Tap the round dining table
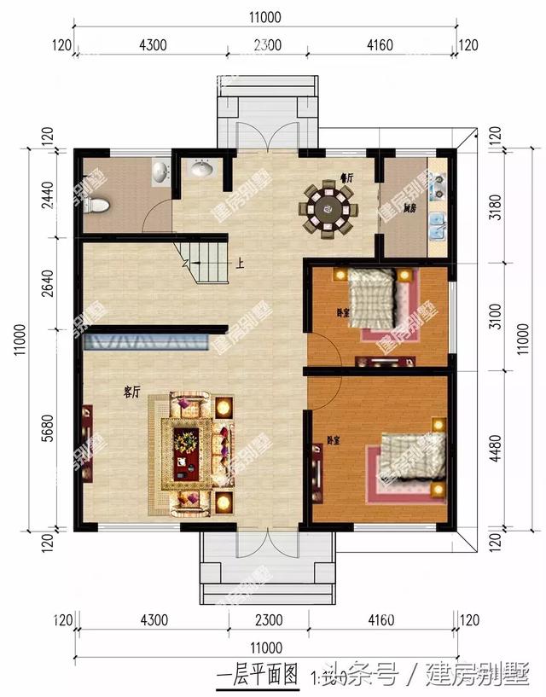tap(327, 207)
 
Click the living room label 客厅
tap(131, 392)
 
